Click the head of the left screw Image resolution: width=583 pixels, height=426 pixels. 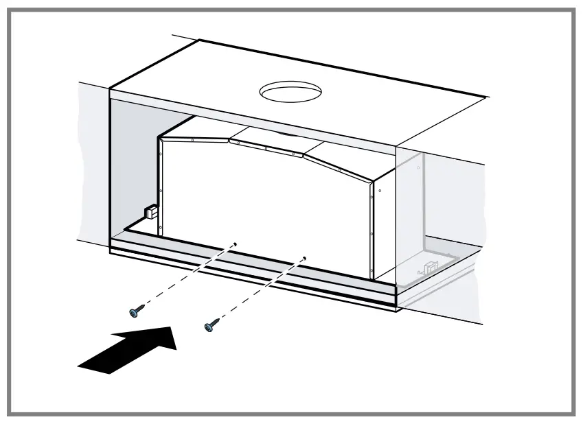coord(134,313)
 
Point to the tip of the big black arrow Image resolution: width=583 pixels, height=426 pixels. coord(174,333)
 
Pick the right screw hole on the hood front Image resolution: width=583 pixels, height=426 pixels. coord(304,259)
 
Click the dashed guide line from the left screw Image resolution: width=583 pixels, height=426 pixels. coord(185,277)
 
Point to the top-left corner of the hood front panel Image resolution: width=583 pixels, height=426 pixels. coord(159,136)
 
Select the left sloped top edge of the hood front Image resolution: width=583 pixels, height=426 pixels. coord(195,139)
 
